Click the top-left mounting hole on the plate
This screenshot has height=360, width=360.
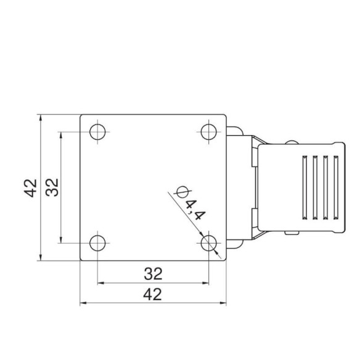[97, 132]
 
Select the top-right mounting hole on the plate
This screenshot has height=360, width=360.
[209, 132]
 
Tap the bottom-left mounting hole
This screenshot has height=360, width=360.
[97, 243]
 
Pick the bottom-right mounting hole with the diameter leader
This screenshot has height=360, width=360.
[209, 243]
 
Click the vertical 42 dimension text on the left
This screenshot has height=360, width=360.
[30, 187]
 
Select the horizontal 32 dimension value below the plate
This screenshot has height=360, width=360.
[153, 272]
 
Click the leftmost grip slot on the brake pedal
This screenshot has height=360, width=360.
[305, 187]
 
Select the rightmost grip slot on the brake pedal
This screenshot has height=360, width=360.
[336, 187]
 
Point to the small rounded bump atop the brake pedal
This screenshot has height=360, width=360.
[291, 142]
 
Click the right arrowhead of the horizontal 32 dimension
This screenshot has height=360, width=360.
[205, 283]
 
